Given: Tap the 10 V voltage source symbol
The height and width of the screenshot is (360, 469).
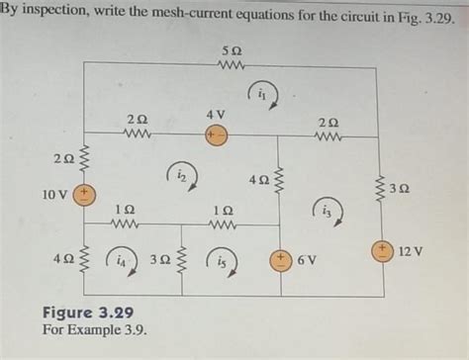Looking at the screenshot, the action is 86,193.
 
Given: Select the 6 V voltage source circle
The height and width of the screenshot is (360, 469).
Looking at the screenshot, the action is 281,260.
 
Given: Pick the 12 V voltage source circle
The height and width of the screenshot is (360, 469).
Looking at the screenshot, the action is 381,251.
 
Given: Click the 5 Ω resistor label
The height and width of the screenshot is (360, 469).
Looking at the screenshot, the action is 229,49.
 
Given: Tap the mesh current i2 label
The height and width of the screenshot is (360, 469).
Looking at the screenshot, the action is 182,175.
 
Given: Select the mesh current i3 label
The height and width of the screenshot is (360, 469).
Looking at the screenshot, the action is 328,210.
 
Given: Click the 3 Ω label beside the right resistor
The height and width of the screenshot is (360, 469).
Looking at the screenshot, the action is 400,188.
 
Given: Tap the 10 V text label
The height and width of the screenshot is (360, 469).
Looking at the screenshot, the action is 55,194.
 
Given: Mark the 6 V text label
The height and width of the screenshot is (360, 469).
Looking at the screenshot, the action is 307,260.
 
